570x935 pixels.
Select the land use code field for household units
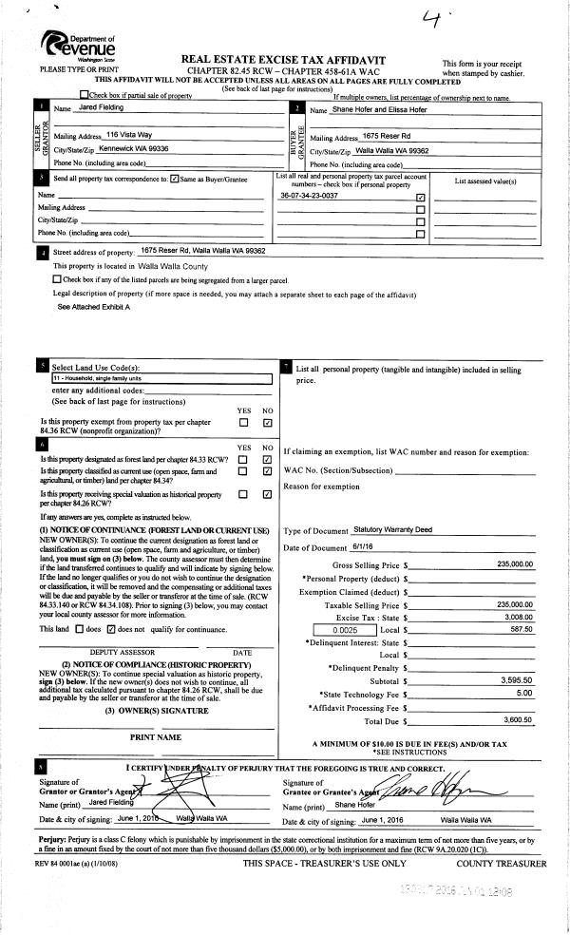[x=161, y=378]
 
